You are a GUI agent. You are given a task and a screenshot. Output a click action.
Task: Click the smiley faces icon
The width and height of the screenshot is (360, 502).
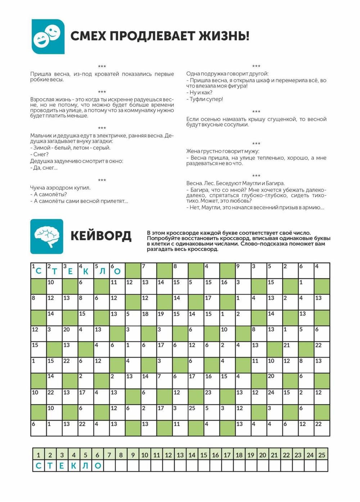pyautogui.click(x=48, y=36)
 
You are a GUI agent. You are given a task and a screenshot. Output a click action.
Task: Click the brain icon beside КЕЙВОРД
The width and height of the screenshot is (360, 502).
pyautogui.click(x=47, y=236)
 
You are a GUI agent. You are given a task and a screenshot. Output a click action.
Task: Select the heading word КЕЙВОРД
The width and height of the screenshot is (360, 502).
pyautogui.click(x=101, y=236)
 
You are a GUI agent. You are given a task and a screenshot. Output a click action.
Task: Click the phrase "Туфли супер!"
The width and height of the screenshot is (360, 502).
pyautogui.click(x=206, y=99)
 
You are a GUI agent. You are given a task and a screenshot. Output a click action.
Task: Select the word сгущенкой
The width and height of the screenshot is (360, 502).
pyautogui.click(x=280, y=119)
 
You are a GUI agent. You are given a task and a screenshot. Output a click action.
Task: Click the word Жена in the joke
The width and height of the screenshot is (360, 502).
pyautogui.click(x=193, y=151)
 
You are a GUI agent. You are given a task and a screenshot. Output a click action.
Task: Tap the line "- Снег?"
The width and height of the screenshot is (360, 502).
pyautogui.click(x=39, y=154)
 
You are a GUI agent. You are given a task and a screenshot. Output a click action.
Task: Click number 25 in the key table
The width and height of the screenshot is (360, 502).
pyautogui.click(x=322, y=455)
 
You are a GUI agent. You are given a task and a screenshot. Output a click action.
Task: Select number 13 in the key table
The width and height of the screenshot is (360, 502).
pyautogui.click(x=180, y=455)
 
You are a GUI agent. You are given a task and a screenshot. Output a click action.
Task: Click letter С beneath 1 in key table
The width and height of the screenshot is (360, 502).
pyautogui.click(x=39, y=466)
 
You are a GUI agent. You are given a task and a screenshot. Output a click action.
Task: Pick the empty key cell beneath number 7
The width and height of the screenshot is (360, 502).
pyautogui.click(x=109, y=466)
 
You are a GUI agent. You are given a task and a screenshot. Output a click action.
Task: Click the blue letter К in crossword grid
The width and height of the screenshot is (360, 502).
pyautogui.click(x=86, y=272)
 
